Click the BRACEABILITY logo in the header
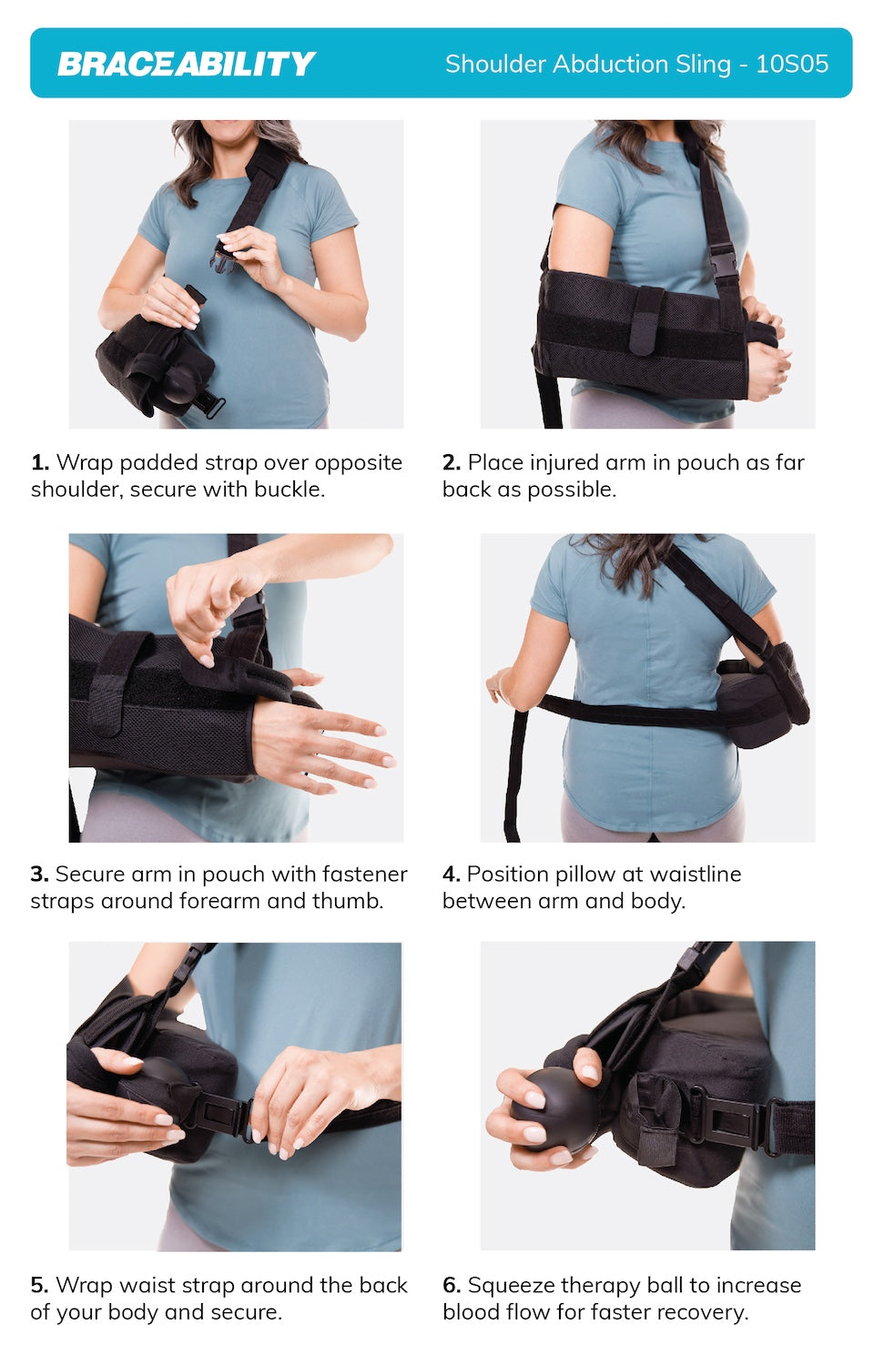point(186,64)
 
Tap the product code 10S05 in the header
point(792,64)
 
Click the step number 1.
point(40,462)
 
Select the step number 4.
point(452,874)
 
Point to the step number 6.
point(452,1285)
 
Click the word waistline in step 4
point(696,874)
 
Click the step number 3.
point(40,874)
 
